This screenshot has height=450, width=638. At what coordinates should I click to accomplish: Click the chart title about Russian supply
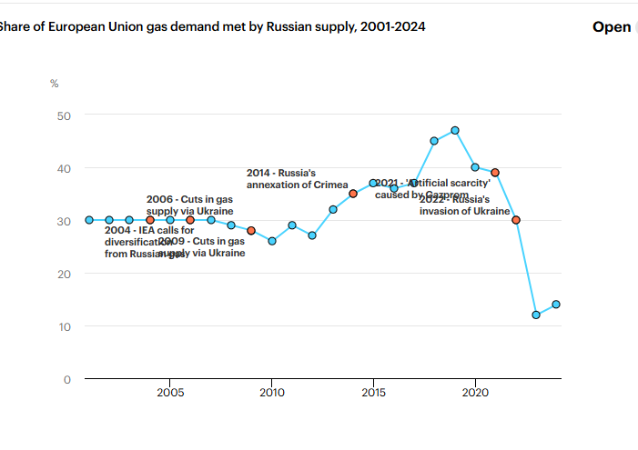coord(213,26)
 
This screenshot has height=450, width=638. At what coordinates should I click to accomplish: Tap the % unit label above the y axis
coord(55,84)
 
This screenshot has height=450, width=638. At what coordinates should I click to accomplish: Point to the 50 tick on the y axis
coord(64,115)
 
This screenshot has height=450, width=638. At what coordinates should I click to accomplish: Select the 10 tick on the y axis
coord(64,326)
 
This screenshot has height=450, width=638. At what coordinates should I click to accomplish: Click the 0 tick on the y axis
coord(67,379)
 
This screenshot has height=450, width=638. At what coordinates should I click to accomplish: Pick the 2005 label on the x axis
coord(170,393)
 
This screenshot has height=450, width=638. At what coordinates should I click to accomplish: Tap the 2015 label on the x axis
coord(373,393)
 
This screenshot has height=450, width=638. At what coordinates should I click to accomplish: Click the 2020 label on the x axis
coord(475,393)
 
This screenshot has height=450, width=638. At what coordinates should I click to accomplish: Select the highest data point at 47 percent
coord(455,130)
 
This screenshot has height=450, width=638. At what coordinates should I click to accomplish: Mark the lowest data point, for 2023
coord(536,315)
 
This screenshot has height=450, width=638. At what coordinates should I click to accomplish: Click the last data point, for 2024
coord(556,305)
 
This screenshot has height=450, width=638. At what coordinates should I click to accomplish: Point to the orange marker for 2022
coord(516,220)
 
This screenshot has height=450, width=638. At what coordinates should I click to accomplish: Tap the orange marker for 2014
coord(353,194)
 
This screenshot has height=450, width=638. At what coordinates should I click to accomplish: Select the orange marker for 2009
coord(251,231)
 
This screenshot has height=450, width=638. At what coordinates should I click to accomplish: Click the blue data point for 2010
coord(272,241)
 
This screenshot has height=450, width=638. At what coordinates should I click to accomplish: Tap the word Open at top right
coord(611,26)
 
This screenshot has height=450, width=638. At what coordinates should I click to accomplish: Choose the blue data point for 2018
coord(434,141)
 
